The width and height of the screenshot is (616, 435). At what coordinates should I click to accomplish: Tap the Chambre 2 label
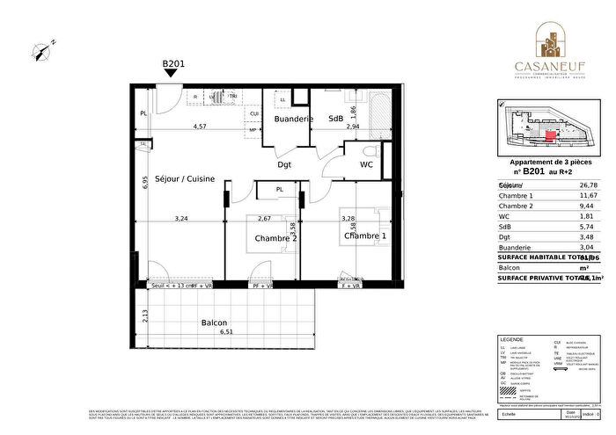[276, 238]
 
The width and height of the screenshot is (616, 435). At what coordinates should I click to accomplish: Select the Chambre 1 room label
[365, 236]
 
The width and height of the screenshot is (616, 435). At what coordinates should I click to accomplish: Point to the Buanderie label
[290, 119]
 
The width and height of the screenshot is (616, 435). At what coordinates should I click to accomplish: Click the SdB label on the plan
[336, 119]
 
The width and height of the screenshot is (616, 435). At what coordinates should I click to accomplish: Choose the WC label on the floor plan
[367, 164]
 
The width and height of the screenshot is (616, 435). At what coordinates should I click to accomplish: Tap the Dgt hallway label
[284, 164]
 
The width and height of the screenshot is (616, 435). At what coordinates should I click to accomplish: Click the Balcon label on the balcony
[215, 323]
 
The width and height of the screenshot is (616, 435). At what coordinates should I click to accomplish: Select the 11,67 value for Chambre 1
[585, 195]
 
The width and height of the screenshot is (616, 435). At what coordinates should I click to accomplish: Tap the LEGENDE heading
[511, 339]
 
